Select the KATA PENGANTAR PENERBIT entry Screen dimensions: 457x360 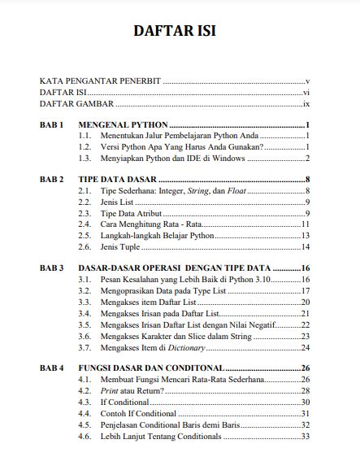tap(100, 81)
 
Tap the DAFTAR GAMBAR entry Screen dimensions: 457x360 tap(75, 104)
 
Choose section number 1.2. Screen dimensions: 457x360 tap(84, 146)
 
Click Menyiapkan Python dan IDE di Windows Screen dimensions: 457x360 tap(172, 158)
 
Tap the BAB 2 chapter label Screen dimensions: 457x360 tap(51, 179)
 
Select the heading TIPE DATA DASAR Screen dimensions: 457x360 tap(117, 179)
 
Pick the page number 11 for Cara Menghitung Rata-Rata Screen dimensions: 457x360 tap(306, 224)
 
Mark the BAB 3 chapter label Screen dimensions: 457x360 tap(51, 268)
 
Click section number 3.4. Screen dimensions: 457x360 tap(84, 312)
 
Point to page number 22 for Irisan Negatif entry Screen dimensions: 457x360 tap(306, 324)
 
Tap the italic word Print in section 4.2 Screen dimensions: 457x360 tap(110, 391)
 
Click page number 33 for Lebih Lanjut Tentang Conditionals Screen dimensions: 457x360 tap(306, 436)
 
